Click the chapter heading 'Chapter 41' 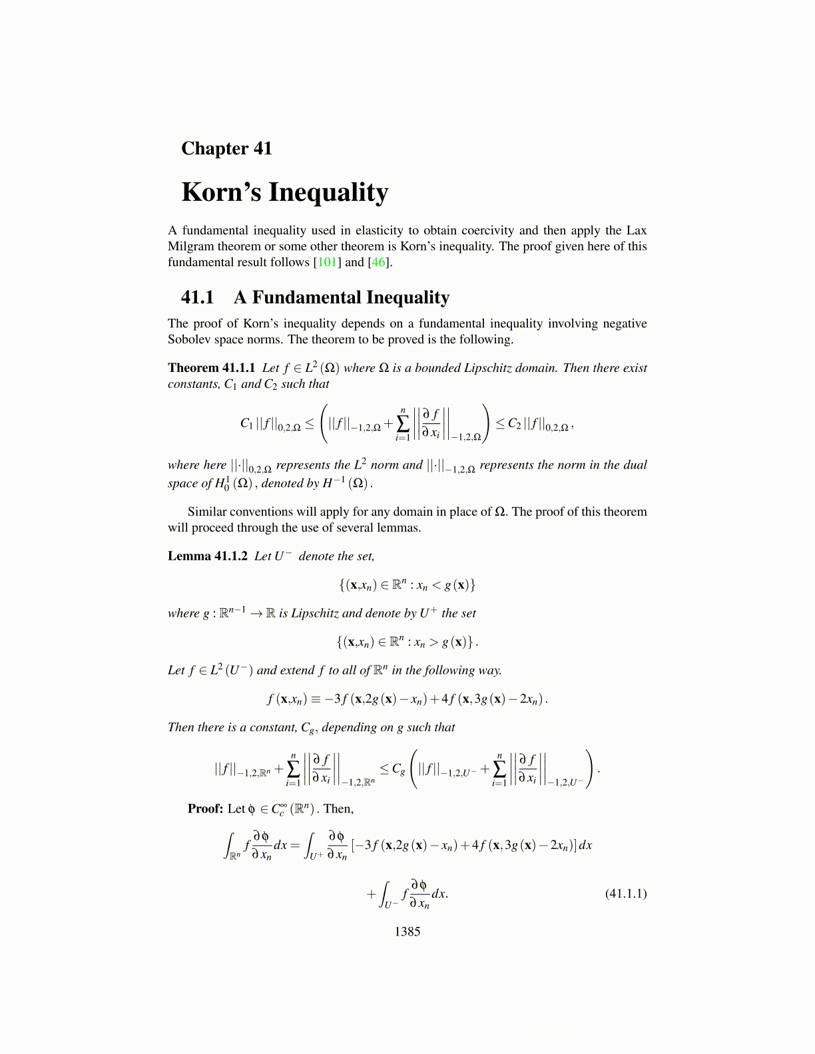point(226,148)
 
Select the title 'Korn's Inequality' point(284,192)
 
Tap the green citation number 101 point(328,262)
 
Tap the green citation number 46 point(378,262)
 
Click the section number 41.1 point(197,297)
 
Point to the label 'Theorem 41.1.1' point(211,368)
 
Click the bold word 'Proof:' point(205,809)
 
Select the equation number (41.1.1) point(625,894)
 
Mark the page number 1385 point(407,932)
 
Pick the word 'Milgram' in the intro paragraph point(190,246)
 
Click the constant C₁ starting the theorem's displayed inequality point(246,423)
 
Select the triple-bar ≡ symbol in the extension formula point(316,699)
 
